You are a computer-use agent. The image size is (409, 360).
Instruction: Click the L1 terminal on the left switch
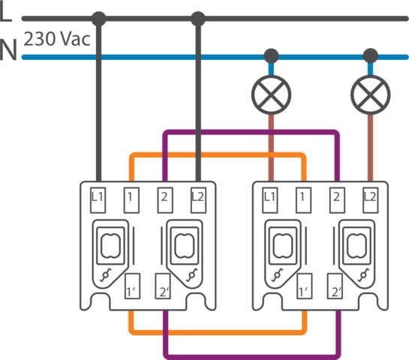tap(98, 198)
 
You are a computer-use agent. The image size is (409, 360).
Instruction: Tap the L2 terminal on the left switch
tap(197, 198)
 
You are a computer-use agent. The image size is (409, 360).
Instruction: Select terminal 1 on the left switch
tap(131, 198)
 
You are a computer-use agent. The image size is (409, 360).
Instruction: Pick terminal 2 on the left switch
tap(164, 198)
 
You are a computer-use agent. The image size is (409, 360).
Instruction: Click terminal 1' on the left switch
tap(131, 288)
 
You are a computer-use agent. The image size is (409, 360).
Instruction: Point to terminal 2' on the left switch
tap(164, 288)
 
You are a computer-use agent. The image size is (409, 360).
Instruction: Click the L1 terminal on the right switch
tap(271, 198)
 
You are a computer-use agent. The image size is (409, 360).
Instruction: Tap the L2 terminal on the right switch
tap(369, 198)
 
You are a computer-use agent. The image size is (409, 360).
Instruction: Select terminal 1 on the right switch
tap(303, 198)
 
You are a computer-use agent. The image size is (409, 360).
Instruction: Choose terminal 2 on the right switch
tap(336, 198)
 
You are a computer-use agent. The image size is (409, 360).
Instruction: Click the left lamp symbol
tap(271, 93)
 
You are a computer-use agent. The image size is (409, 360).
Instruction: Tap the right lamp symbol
tap(369, 93)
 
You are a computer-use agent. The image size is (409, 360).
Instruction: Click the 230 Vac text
tap(56, 38)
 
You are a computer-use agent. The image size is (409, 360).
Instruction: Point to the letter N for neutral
tap(9, 50)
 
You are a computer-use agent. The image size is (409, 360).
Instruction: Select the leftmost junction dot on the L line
tap(98, 17)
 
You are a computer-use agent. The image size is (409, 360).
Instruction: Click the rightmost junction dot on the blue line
tap(369, 55)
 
